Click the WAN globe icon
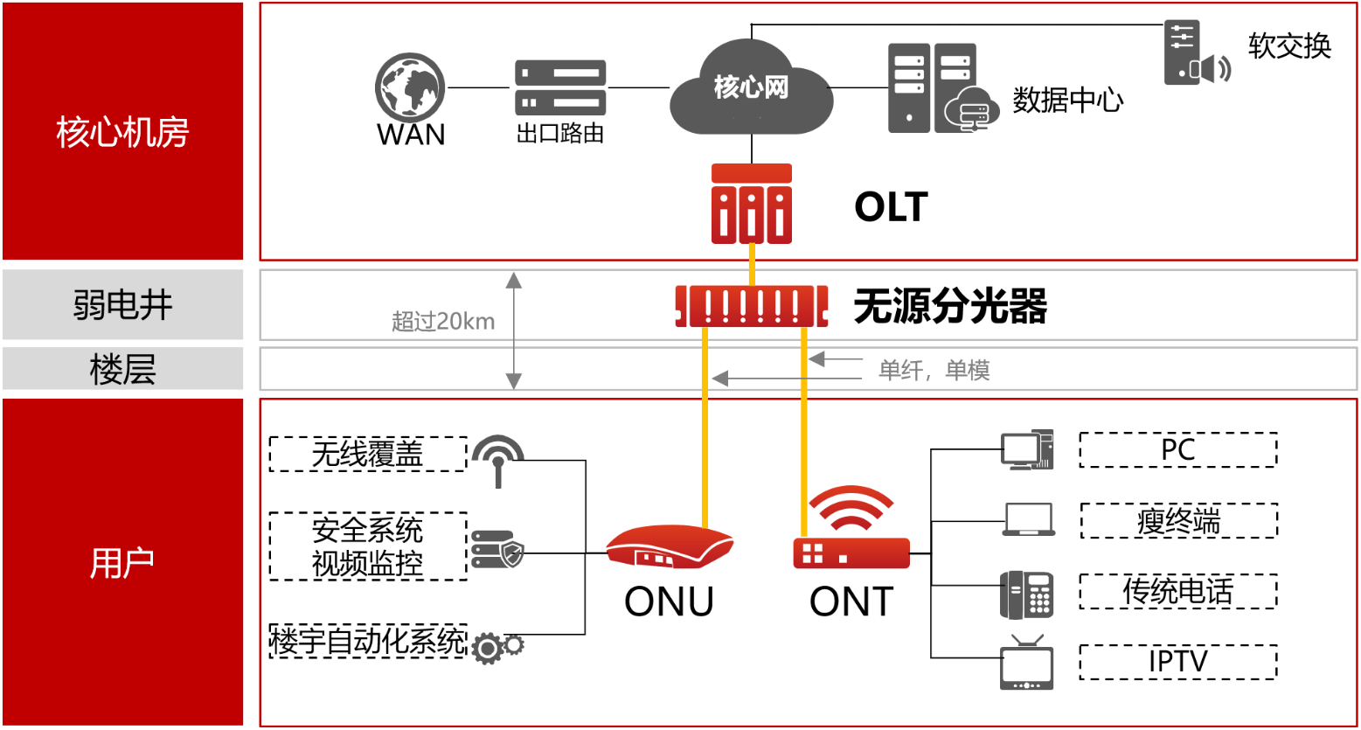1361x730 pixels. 410,87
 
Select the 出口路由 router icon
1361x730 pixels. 560,87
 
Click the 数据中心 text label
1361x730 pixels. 1068,101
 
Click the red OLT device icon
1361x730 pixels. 752,204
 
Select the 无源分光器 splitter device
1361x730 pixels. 752,306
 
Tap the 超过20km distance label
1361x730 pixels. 443,322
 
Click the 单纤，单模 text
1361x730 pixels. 934,371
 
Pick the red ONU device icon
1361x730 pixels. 670,547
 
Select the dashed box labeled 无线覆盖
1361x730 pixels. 368,454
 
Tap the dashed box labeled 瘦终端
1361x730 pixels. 1178,521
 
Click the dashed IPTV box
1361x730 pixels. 1178,662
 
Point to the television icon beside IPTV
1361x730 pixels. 1026,664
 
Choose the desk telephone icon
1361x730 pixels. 1026,594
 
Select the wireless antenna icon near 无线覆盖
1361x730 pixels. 498,460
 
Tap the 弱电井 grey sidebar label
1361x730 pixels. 122,305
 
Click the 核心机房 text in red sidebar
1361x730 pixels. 122,132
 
